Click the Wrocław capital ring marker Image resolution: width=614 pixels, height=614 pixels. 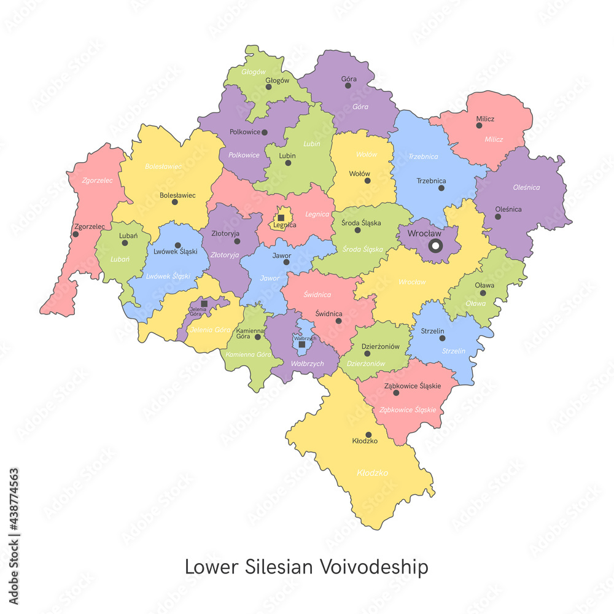(x=435, y=246)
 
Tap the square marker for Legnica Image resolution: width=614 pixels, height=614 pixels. (x=281, y=217)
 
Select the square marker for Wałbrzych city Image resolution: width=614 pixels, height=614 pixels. (x=301, y=344)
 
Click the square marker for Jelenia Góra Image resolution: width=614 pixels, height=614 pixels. (x=204, y=303)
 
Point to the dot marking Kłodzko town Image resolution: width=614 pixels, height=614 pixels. (x=368, y=434)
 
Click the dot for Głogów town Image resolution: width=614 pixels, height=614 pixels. (x=268, y=87)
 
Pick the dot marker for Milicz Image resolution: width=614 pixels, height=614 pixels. (x=479, y=125)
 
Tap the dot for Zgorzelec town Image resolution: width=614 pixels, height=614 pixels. (x=76, y=234)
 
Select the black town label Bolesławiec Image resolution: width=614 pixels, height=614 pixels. (x=177, y=195)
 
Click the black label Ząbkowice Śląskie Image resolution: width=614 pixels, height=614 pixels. (x=412, y=386)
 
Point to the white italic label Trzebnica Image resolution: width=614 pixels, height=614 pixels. (x=423, y=157)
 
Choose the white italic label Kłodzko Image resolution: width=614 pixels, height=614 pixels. (x=372, y=473)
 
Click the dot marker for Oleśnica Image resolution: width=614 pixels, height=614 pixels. (x=498, y=216)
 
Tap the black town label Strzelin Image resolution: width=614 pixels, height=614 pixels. (x=432, y=331)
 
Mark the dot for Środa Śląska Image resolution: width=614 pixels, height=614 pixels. (x=357, y=230)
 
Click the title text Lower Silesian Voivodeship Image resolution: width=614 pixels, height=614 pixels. (x=306, y=567)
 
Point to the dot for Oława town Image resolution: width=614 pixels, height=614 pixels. (x=483, y=293)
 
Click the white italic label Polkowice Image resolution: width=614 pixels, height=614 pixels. (x=244, y=155)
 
